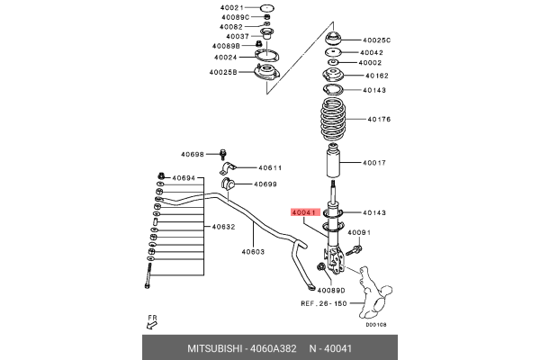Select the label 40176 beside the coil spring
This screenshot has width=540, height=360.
(x=379, y=119)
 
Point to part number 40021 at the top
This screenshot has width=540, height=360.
(x=231, y=8)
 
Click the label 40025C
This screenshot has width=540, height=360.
(x=377, y=40)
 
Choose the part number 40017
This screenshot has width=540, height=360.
(x=374, y=163)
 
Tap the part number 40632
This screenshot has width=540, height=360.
(x=223, y=227)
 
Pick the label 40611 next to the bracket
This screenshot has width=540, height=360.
(x=271, y=167)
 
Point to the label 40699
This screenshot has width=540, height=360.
(x=265, y=184)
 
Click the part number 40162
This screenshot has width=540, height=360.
(x=374, y=76)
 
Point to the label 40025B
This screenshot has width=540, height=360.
(x=223, y=72)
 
